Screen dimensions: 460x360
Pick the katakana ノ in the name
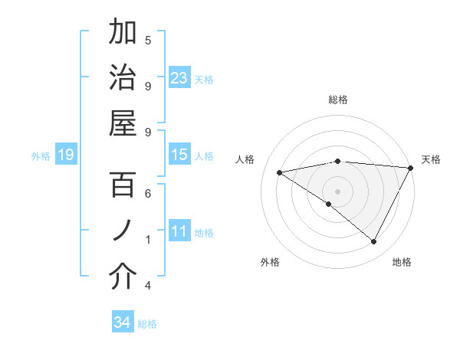pyautogui.click(x=123, y=230)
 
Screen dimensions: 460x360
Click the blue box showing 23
pyautogui.click(x=179, y=77)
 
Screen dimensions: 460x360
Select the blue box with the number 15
pyautogui.click(x=179, y=155)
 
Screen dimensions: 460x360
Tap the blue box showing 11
pyautogui.click(x=179, y=231)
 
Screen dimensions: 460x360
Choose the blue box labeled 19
pyautogui.click(x=65, y=155)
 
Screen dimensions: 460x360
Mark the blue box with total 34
pyautogui.click(x=123, y=322)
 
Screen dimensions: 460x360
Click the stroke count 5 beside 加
pyautogui.click(x=148, y=40)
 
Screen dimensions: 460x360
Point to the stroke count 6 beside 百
pyautogui.click(x=148, y=195)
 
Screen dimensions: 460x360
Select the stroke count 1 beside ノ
pyautogui.click(x=148, y=240)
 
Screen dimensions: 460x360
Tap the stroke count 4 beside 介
pyautogui.click(x=148, y=286)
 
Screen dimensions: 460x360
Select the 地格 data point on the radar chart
pyautogui.click(x=374, y=242)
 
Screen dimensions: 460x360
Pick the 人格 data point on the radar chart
pyautogui.click(x=280, y=172)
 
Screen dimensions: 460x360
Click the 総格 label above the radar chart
pyautogui.click(x=338, y=100)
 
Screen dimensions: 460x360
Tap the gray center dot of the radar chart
pyautogui.click(x=338, y=190)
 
